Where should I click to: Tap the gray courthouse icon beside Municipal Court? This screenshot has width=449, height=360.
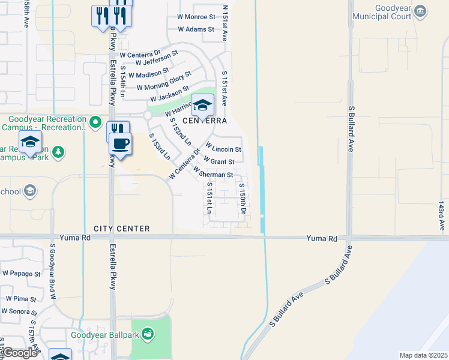click(x=420, y=11)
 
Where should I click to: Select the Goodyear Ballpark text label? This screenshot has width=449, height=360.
click(x=106, y=335)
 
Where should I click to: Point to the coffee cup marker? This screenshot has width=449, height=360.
click(x=121, y=144)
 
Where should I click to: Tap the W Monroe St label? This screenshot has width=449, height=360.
click(x=196, y=17)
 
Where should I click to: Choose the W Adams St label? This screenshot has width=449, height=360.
click(x=196, y=29)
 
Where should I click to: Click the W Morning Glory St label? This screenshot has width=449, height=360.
click(x=164, y=82)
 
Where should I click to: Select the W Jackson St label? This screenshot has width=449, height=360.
click(x=169, y=94)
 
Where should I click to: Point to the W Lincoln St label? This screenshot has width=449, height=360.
click(x=223, y=148)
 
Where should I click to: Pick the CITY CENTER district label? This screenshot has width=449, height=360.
click(x=121, y=229)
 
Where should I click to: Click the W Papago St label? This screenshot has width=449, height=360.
click(x=21, y=274)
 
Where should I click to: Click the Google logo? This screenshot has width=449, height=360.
click(x=20, y=353)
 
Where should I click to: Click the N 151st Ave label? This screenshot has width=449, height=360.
click(x=226, y=23)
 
